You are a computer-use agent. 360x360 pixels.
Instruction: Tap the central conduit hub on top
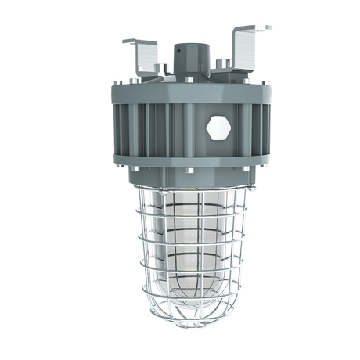[193, 54]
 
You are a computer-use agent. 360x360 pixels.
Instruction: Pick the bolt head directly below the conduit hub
[193, 77]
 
